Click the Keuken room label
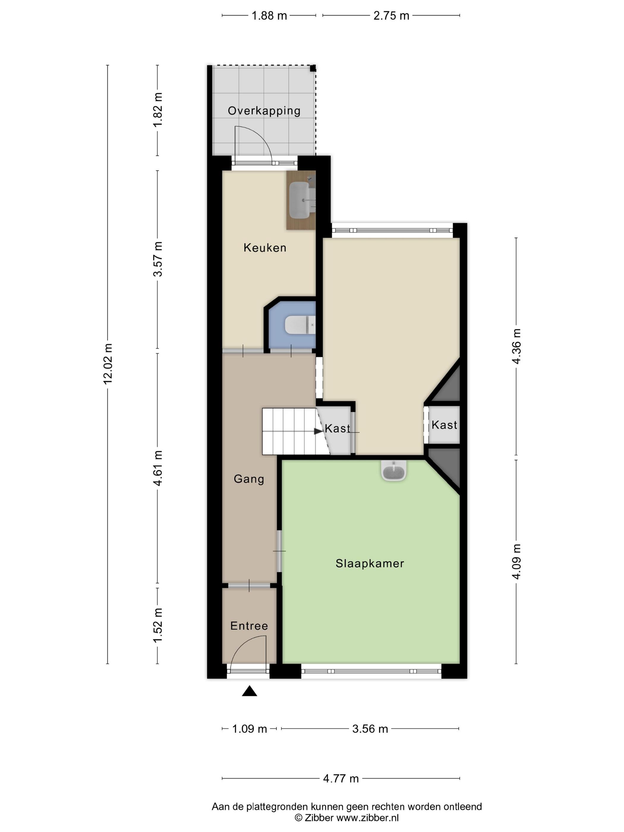point(265,248)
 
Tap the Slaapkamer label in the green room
point(370,563)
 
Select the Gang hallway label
point(249,479)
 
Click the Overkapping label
point(264,111)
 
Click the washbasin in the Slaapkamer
point(394,471)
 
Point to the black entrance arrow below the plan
point(249,691)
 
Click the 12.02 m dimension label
point(108,364)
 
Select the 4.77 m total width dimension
point(341,778)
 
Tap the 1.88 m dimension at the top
point(269,16)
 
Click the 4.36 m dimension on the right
point(516,346)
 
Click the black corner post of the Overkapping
point(313,68)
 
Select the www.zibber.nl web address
point(368,817)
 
